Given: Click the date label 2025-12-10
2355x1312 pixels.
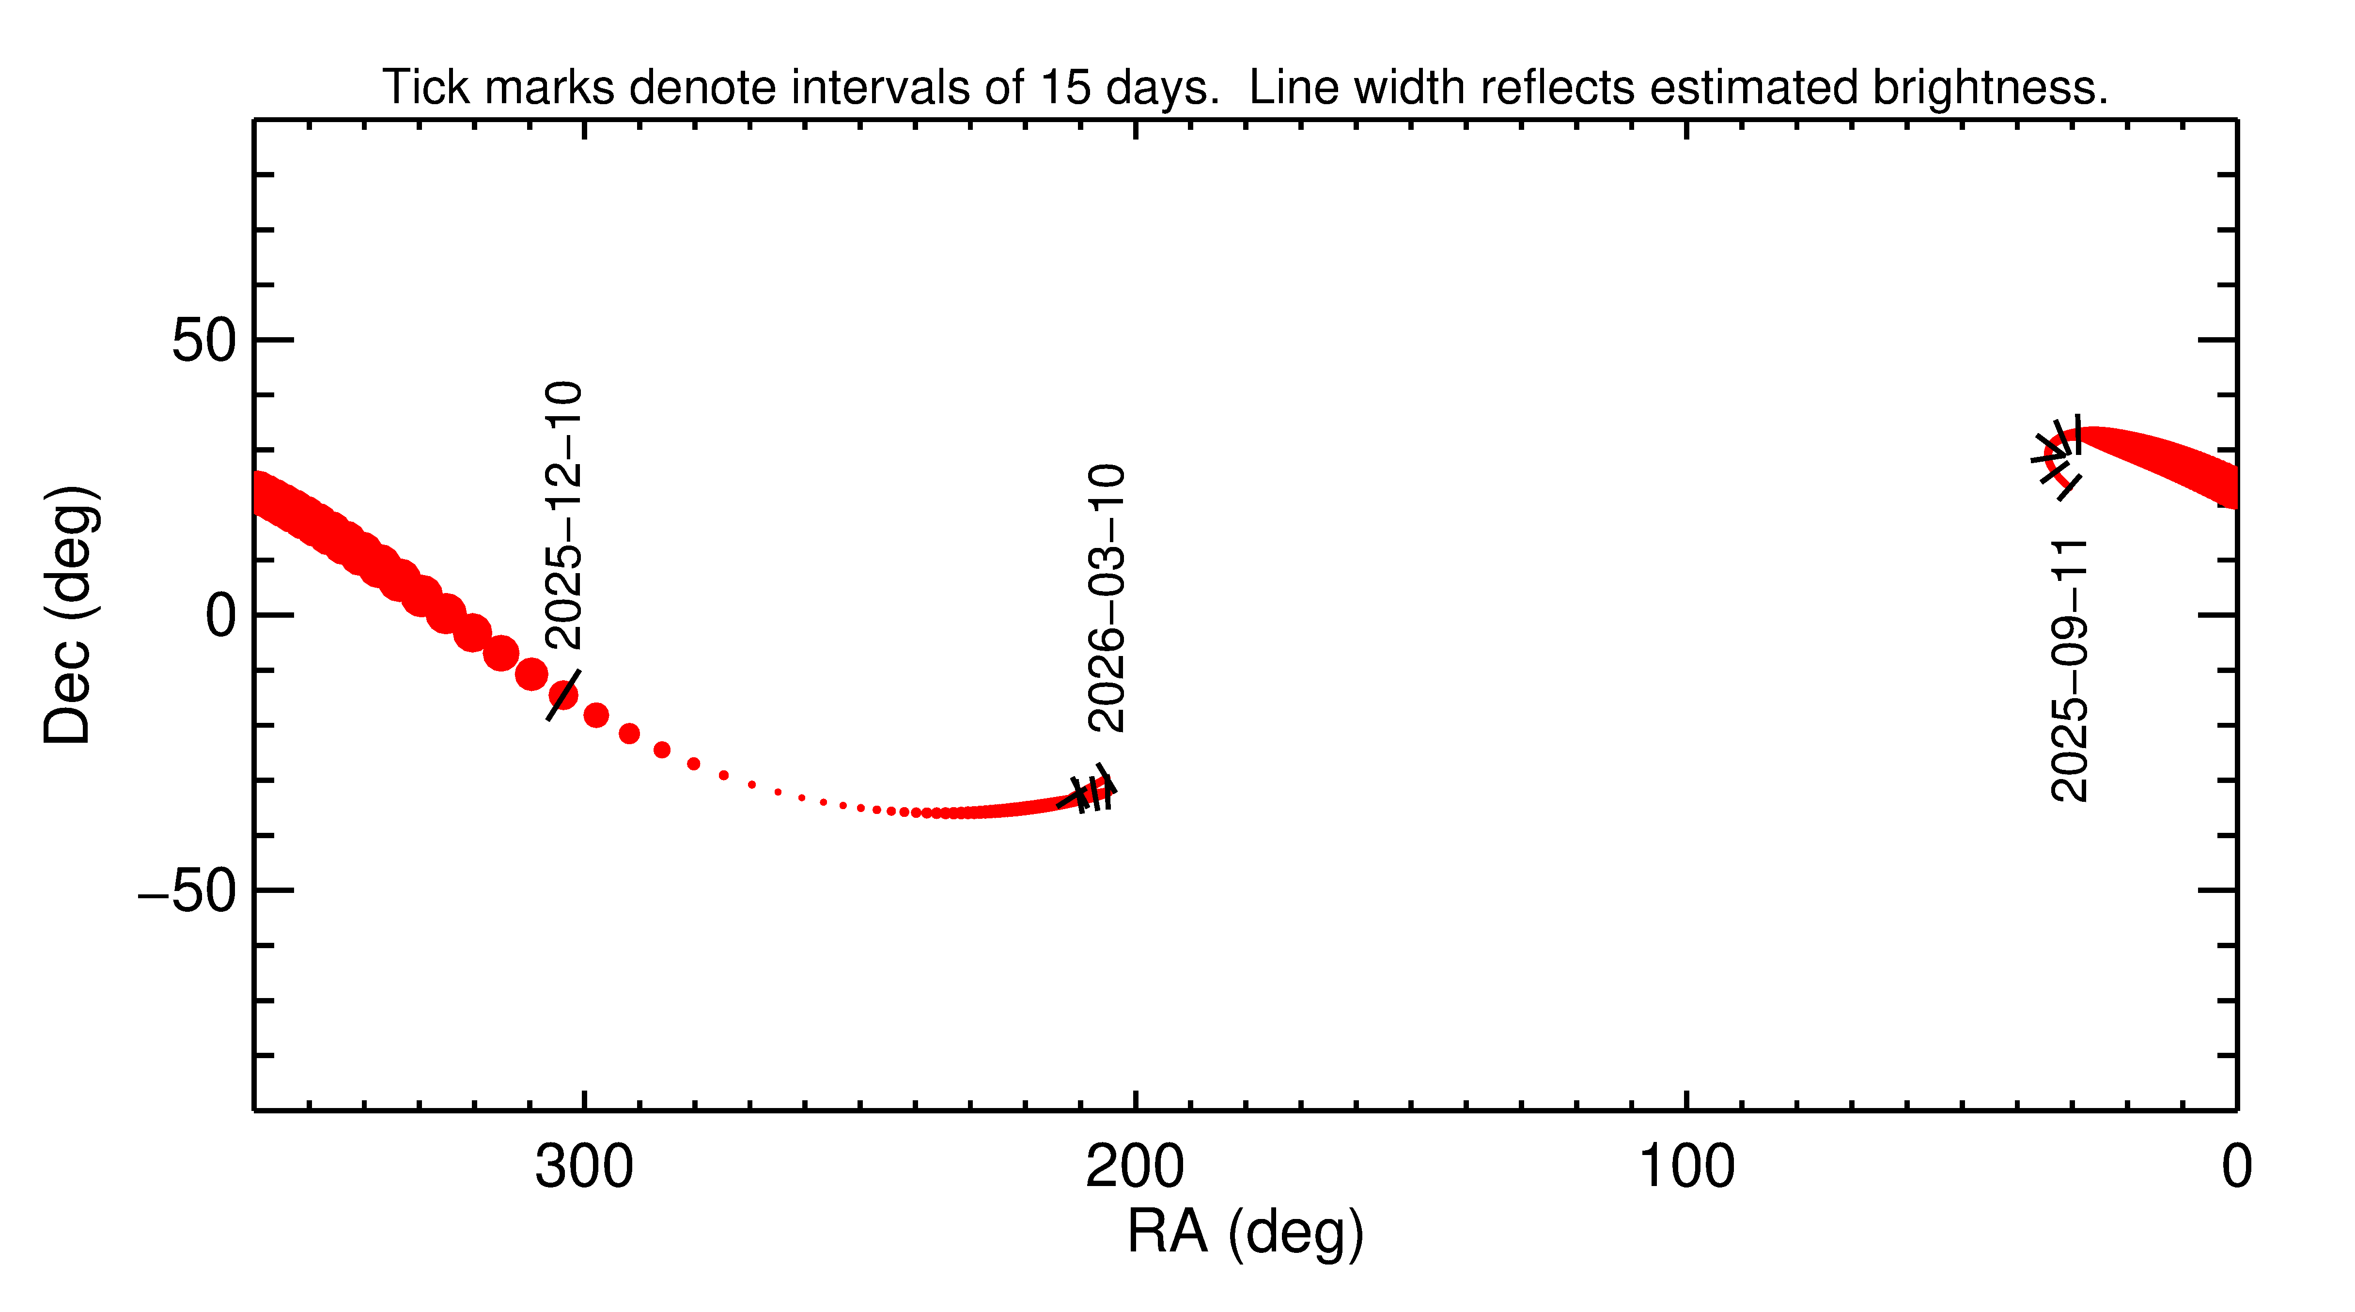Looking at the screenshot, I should [x=563, y=515].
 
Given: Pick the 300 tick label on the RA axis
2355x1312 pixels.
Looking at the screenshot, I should [x=584, y=1168].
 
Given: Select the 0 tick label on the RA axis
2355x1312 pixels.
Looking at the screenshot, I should [x=2236, y=1168].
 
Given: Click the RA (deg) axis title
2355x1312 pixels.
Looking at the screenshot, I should [x=1245, y=1232].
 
